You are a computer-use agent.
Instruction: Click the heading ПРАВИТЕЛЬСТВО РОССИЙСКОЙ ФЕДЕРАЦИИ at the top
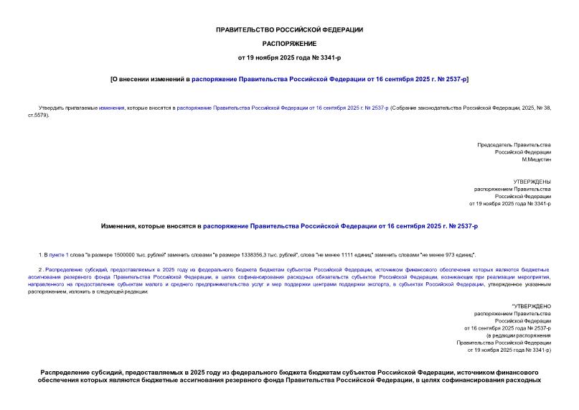(289, 29)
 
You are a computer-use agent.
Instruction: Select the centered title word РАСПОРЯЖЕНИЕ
(289, 43)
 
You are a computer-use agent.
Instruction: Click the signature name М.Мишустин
(536, 160)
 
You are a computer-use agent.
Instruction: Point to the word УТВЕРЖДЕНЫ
(532, 182)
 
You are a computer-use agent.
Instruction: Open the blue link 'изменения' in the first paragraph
(112, 107)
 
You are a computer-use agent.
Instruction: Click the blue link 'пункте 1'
(58, 255)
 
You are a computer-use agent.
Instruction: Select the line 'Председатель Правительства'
(514, 145)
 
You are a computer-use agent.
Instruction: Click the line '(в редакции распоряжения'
(518, 335)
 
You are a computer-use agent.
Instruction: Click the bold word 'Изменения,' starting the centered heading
(118, 226)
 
